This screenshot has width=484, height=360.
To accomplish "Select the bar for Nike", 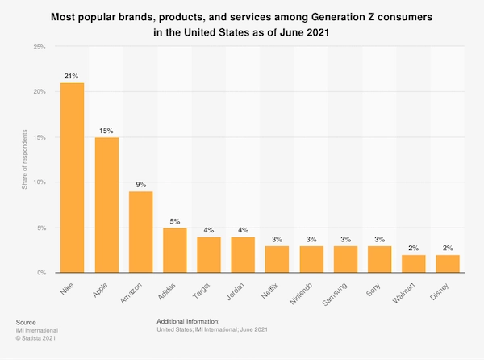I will coord(73,178).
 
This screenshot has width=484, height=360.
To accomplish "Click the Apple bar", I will coord(106,205).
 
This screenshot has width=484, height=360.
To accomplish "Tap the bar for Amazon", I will coord(140,232).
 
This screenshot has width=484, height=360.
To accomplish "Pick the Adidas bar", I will coord(174,250).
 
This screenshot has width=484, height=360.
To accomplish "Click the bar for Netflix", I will coord(276,259).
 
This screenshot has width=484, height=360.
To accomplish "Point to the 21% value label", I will coord(73,75).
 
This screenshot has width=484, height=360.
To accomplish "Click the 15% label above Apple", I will coord(106,129).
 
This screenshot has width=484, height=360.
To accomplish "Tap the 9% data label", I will coord(140,183).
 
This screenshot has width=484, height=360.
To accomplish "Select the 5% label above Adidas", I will coord(174,220).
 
